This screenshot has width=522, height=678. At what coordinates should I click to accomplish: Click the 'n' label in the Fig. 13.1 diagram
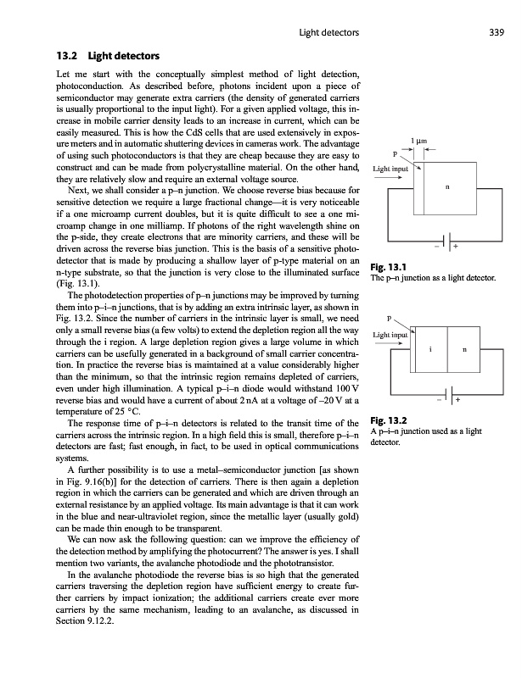446,188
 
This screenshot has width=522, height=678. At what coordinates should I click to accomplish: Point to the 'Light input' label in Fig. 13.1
390,169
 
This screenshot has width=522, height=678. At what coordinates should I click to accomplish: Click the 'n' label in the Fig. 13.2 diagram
463,349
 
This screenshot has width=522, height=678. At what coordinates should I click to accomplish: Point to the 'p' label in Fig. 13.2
388,320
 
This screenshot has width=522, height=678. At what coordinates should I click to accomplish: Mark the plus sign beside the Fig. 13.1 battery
457,247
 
